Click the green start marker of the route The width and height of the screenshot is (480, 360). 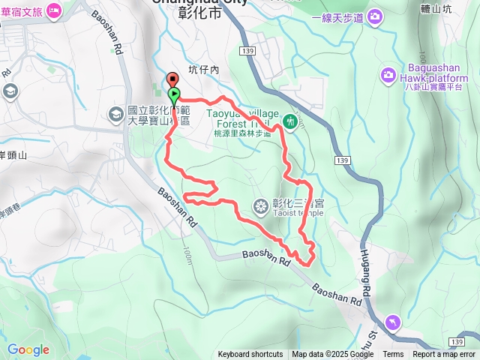(x=174, y=95)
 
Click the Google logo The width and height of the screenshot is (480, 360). (x=28, y=349)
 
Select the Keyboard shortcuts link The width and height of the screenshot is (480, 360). (x=250, y=355)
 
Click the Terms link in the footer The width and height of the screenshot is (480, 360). (x=393, y=355)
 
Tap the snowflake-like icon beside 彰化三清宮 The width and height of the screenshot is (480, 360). (x=260, y=205)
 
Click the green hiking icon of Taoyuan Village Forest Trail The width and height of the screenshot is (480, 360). (x=290, y=120)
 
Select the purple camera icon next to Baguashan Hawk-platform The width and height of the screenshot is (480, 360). (x=388, y=74)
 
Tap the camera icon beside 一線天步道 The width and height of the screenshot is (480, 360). (x=374, y=16)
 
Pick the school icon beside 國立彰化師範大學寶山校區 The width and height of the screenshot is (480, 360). (x=116, y=114)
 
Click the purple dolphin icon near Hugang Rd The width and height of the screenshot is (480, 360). (x=393, y=322)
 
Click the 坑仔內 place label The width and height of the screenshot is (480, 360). (x=203, y=70)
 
